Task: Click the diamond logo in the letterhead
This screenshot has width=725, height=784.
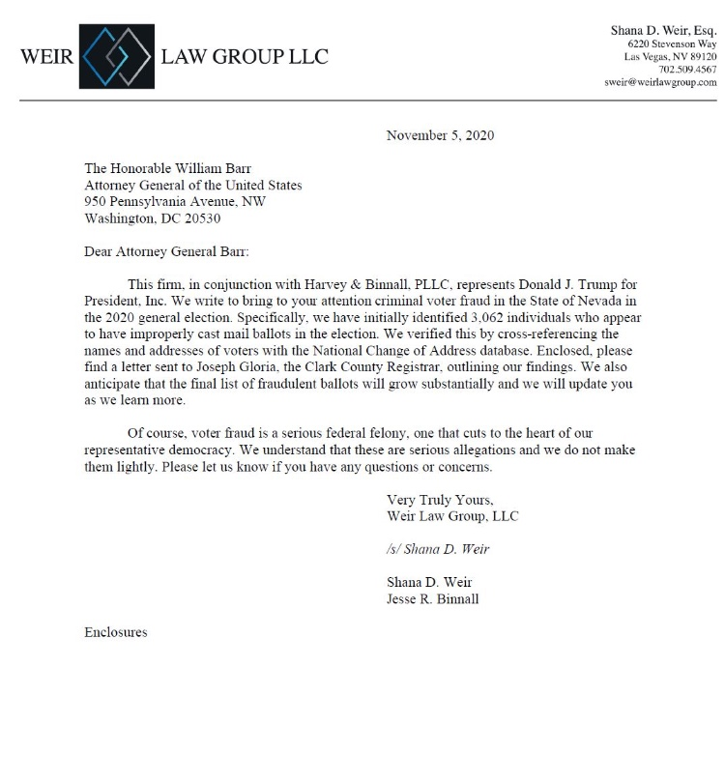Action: [x=117, y=56]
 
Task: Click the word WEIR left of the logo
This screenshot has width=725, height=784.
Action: [x=45, y=56]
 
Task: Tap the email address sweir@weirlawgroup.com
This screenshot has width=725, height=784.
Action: [x=661, y=82]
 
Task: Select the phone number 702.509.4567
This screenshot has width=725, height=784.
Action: [x=687, y=70]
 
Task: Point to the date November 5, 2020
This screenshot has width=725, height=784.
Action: [x=440, y=135]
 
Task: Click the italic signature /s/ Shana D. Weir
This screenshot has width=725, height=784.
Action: [x=438, y=549]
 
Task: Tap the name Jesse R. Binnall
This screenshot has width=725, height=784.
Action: [x=432, y=598]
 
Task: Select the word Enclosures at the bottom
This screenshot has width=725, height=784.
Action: [x=116, y=632]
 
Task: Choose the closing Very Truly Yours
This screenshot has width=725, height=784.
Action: [x=440, y=500]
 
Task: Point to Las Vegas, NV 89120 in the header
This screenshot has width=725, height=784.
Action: [x=670, y=57]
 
